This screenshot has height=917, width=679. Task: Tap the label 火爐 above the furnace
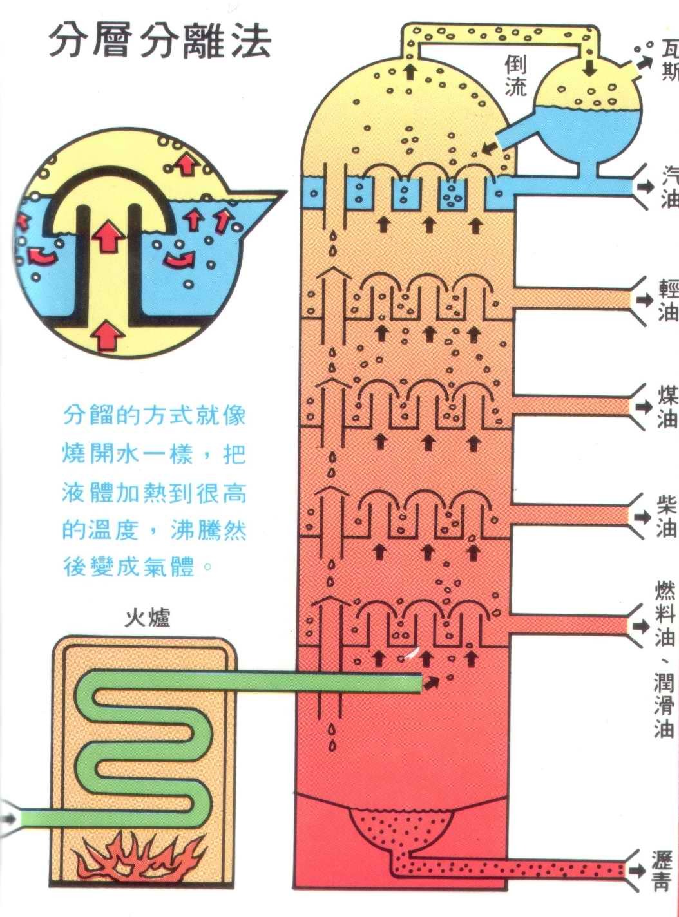148,618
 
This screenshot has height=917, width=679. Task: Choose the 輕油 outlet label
669,301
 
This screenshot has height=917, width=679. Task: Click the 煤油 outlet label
668,407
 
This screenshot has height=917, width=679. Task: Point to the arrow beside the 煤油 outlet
644,407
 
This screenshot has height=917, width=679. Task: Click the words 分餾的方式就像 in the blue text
155,415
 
